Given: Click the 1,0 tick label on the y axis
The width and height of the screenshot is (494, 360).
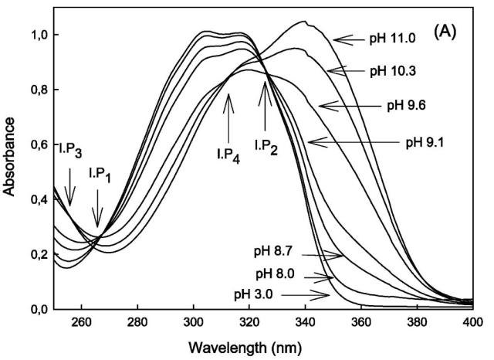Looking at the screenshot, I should (38, 35).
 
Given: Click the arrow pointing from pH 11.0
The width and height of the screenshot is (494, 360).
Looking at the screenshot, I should (347, 38).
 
